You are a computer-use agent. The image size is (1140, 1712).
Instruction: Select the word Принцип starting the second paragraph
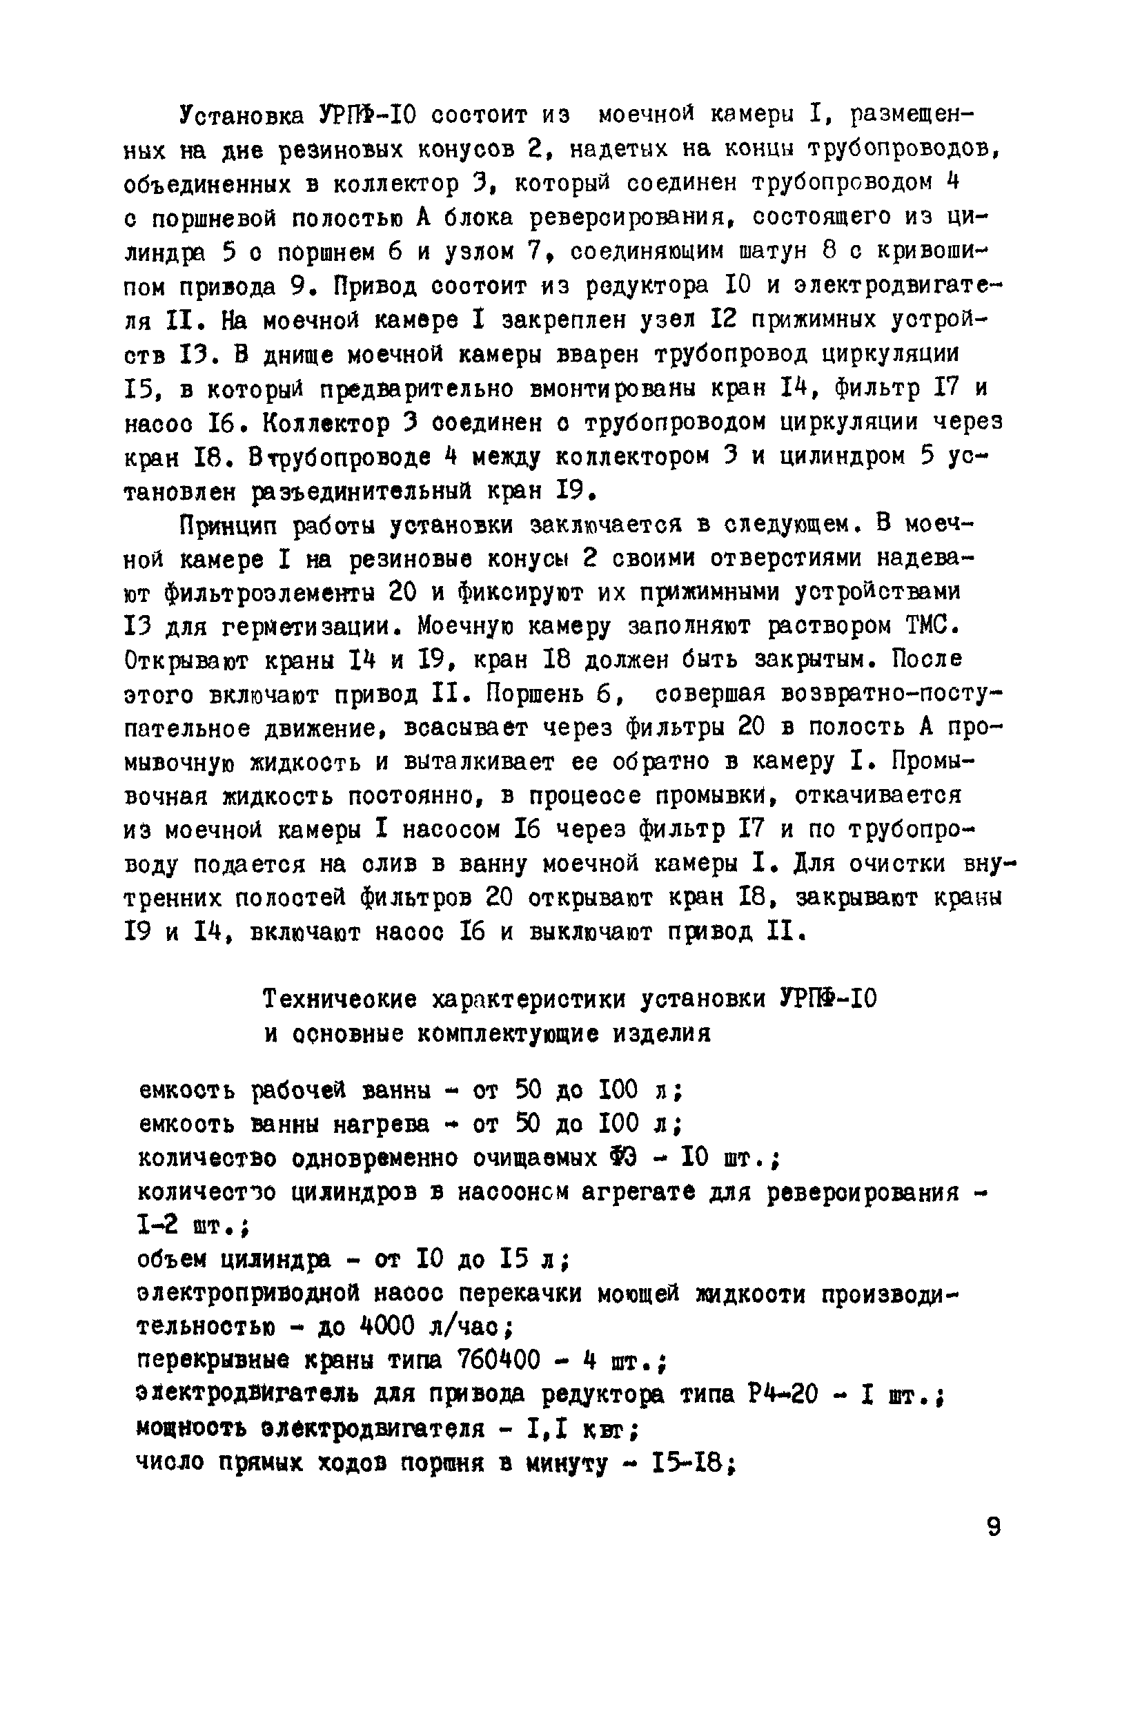pyautogui.click(x=228, y=525)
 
